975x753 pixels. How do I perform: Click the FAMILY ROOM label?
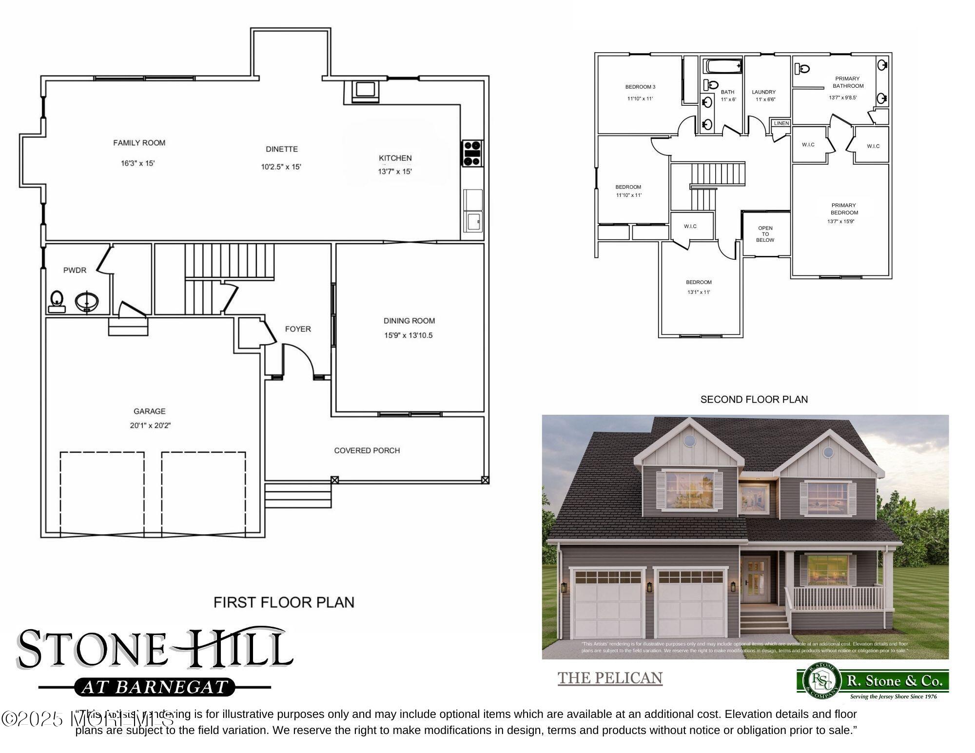pos(139,143)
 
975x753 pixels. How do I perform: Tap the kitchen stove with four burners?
pos(472,153)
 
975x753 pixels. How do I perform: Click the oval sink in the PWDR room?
pos(87,302)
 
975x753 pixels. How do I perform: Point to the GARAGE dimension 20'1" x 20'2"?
pos(150,425)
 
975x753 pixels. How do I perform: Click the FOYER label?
pos(298,329)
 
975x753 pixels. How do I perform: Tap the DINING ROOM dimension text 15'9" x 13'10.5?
pos(408,335)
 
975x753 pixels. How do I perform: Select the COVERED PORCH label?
pos(367,450)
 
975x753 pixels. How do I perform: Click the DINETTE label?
pos(282,149)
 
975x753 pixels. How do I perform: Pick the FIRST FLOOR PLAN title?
pos(284,602)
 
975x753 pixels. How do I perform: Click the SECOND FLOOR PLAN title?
pos(754,400)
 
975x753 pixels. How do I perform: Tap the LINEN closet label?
pos(781,123)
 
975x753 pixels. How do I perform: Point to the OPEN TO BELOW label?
pos(765,234)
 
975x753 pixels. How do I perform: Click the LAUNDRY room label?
pos(763,92)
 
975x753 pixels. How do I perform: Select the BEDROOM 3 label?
pos(640,87)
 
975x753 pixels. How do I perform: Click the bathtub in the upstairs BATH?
pos(723,66)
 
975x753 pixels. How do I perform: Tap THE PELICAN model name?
pos(610,678)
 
